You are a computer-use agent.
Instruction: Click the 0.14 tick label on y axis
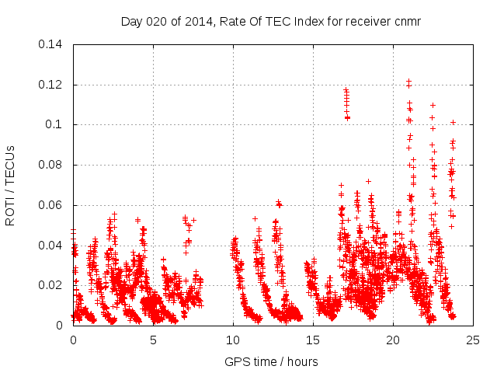point(52,44)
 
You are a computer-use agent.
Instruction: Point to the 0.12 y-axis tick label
point(52,85)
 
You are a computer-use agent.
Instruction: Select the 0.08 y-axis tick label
point(52,165)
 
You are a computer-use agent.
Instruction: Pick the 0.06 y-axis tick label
point(52,205)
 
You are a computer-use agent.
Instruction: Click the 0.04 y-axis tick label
point(52,246)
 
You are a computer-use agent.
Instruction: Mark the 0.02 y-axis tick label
point(52,285)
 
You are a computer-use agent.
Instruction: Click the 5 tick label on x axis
point(153,340)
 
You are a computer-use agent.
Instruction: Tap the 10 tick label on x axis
point(233,340)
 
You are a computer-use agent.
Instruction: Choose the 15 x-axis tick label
point(313,340)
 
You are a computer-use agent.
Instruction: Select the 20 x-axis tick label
point(393,340)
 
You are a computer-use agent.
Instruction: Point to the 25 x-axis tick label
point(473,340)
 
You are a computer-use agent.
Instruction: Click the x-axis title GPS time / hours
point(272,361)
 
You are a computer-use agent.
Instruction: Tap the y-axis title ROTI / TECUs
point(11,185)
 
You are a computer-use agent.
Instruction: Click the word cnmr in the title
point(407,21)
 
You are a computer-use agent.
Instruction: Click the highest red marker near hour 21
point(408,80)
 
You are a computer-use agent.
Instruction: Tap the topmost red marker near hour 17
point(346,89)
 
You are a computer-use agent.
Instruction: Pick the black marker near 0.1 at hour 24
point(453,122)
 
